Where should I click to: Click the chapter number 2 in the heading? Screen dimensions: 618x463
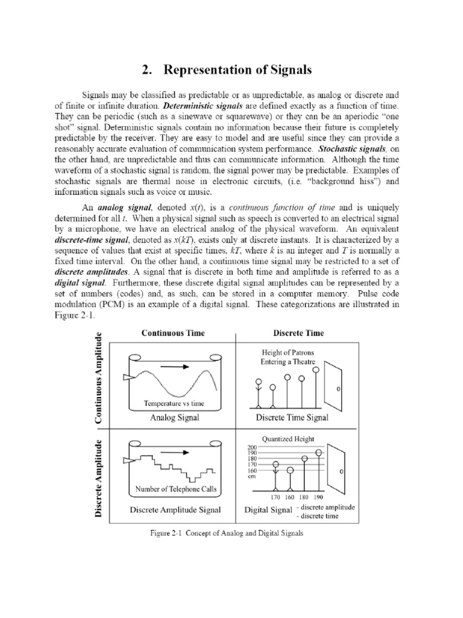[146, 70]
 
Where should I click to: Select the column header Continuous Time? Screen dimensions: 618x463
[173, 333]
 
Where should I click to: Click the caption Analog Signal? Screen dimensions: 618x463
[173, 417]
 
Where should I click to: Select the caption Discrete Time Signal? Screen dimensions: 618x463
[292, 417]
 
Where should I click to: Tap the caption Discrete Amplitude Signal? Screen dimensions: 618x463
[175, 509]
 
